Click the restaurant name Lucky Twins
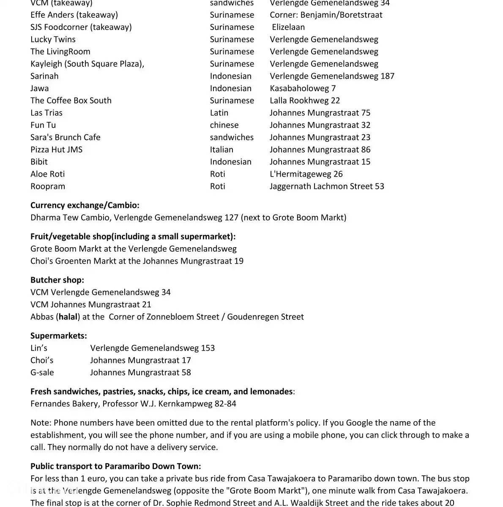click(x=53, y=39)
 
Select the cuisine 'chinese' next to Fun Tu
click(x=224, y=125)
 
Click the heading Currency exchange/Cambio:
click(x=85, y=205)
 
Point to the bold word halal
click(x=68, y=317)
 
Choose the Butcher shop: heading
click(x=57, y=280)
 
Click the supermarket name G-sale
click(x=42, y=373)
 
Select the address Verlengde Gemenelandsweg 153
click(x=152, y=348)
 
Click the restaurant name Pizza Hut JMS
click(x=56, y=150)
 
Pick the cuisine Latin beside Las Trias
click(x=219, y=113)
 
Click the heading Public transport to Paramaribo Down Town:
click(x=115, y=466)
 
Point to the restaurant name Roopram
click(x=48, y=186)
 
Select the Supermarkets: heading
click(x=58, y=336)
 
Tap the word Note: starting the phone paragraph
click(x=41, y=423)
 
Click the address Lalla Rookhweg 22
click(x=305, y=101)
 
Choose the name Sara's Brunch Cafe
click(x=65, y=137)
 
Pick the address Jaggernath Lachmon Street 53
click(x=327, y=186)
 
